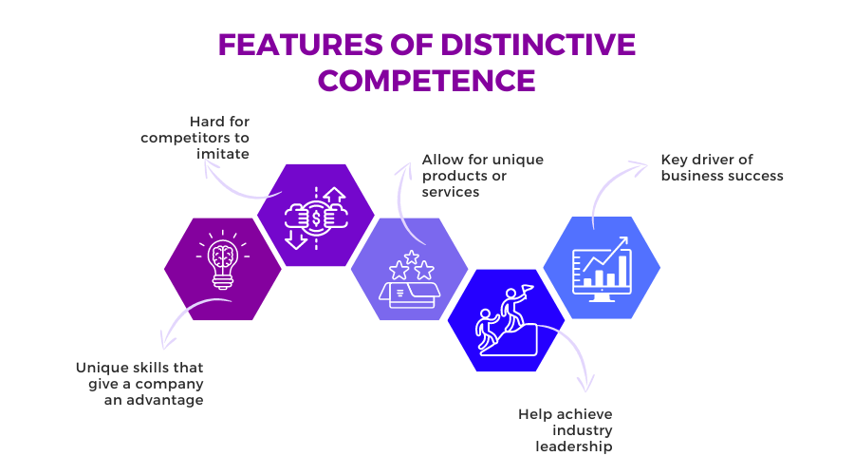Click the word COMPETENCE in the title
click(x=426, y=81)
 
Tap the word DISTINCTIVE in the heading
click(x=538, y=45)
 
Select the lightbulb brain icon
click(x=223, y=259)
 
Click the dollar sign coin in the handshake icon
click(x=316, y=218)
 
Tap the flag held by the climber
click(x=527, y=289)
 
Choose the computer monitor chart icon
click(x=602, y=270)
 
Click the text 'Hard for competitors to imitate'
click(x=195, y=138)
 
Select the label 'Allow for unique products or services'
click(x=483, y=176)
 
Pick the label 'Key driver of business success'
click(x=722, y=167)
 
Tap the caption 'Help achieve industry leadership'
click(x=566, y=430)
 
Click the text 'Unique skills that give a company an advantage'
click(x=140, y=384)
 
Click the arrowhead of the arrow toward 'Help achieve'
click(x=586, y=385)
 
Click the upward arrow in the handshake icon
click(x=334, y=196)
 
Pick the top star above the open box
click(x=411, y=256)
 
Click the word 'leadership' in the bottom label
click(x=574, y=446)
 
